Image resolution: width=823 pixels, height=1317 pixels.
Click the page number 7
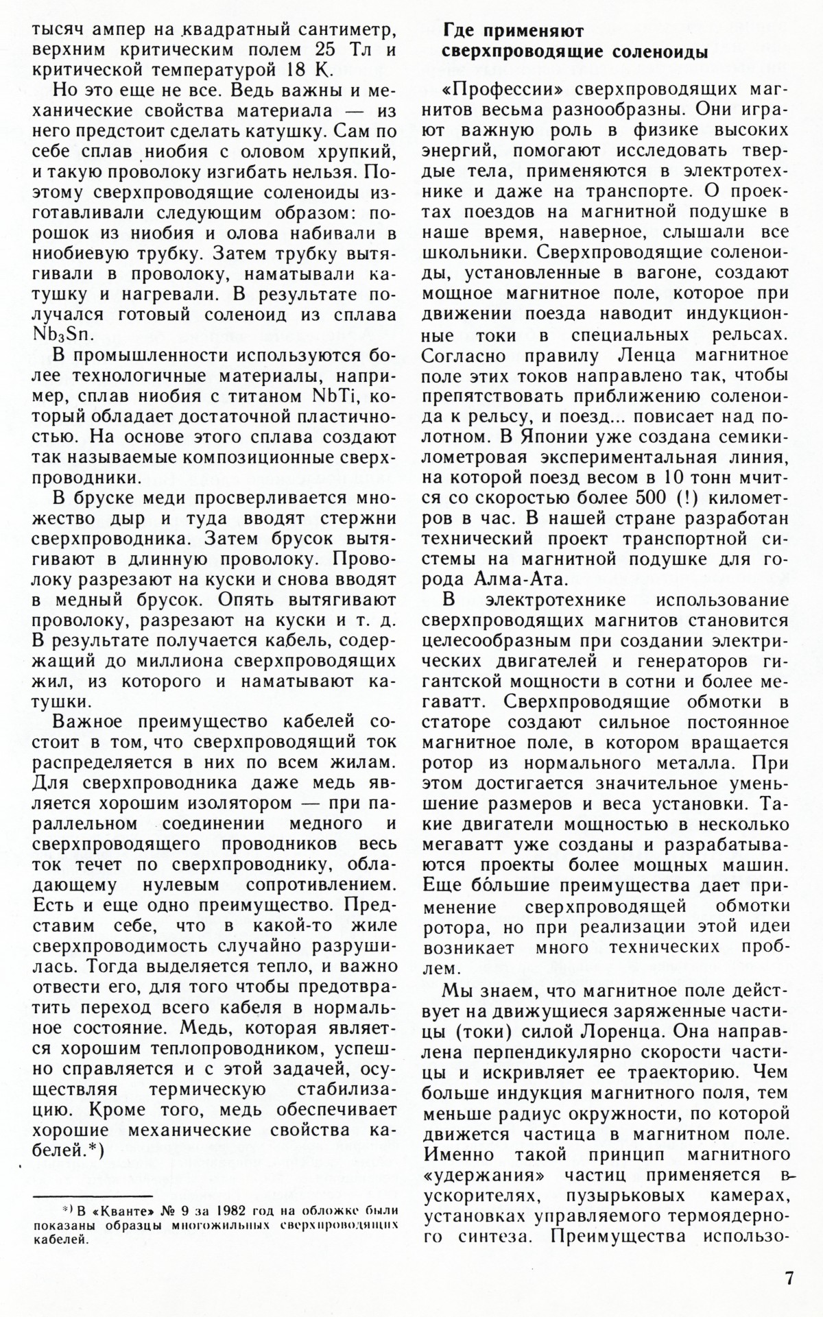(x=790, y=1277)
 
